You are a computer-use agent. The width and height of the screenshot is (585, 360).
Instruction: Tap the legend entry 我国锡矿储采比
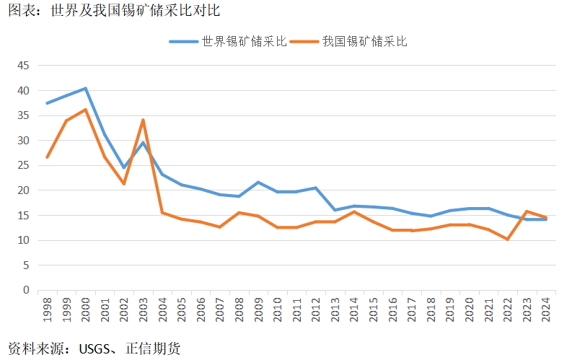(x=364, y=41)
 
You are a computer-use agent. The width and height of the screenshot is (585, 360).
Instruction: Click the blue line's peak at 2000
(x=86, y=89)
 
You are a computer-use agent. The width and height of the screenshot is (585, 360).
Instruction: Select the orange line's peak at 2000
(x=86, y=110)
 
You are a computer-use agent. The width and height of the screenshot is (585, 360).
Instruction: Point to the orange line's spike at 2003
(x=144, y=120)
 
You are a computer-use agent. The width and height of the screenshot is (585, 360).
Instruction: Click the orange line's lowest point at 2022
(x=508, y=239)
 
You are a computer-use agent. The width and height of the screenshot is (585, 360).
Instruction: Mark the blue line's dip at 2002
(x=124, y=167)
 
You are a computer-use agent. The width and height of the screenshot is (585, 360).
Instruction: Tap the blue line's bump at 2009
(x=258, y=183)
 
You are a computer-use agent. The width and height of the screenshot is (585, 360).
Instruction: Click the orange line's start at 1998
(x=48, y=157)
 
